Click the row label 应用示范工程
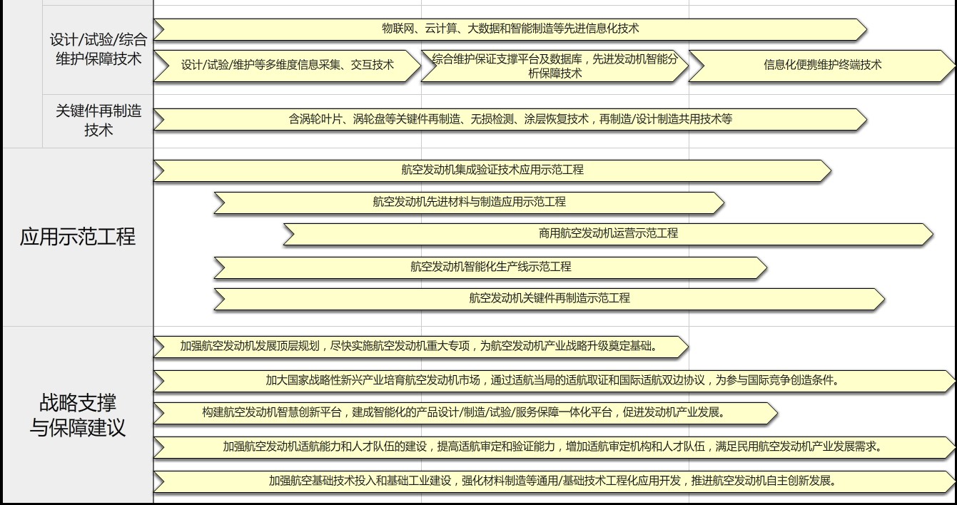[77, 237]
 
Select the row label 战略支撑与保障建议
[77, 415]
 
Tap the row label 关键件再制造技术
[98, 121]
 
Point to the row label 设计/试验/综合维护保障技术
[98, 49]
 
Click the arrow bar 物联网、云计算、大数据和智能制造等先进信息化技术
[510, 29]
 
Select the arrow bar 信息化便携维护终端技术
[822, 66]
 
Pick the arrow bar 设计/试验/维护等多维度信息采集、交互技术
[287, 66]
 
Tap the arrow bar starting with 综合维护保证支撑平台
[555, 66]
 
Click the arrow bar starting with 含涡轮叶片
[510, 120]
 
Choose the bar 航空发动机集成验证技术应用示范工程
[492, 170]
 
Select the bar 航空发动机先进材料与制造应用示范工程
[469, 203]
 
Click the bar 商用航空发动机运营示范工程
[608, 235]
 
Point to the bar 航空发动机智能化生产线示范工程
[490, 267]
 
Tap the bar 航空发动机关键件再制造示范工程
[549, 300]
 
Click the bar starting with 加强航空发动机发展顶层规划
[421, 347]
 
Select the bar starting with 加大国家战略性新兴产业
[554, 381]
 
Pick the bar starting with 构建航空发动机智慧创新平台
[465, 413]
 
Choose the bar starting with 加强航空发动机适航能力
[554, 447]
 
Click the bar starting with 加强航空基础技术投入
[554, 482]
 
